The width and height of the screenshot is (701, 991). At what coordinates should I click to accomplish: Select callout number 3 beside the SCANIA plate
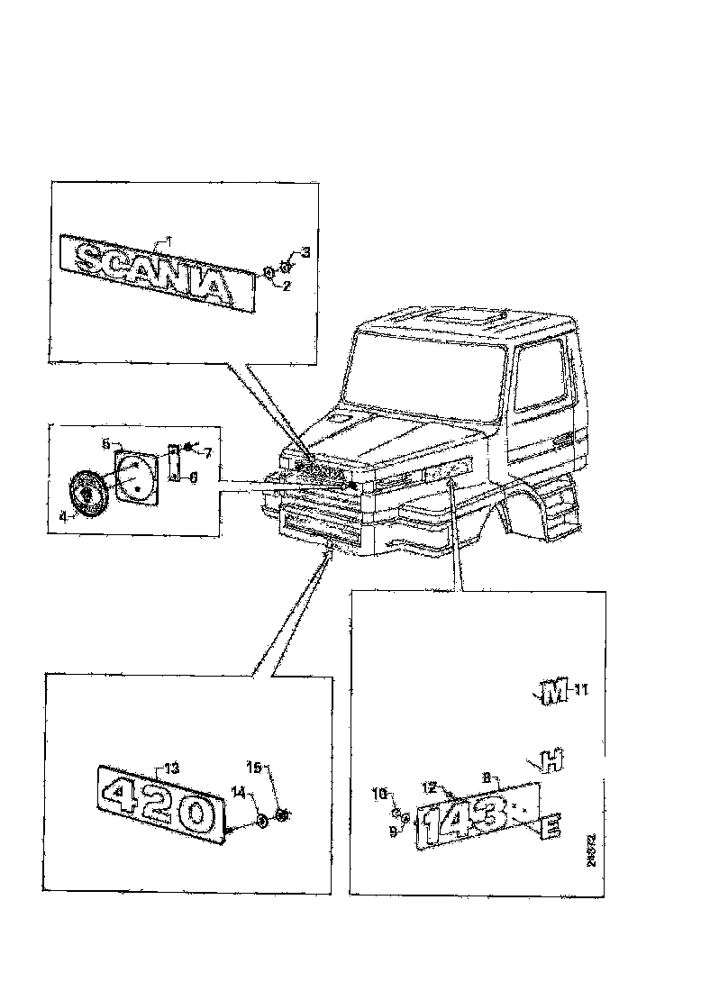click(x=305, y=252)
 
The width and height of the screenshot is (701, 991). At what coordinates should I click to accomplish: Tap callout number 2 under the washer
click(x=287, y=286)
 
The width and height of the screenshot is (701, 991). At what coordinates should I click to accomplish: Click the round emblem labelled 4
click(x=88, y=494)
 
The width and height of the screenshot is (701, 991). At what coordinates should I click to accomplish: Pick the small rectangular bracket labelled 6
click(x=175, y=460)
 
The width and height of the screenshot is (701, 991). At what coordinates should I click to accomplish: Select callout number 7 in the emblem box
click(x=206, y=451)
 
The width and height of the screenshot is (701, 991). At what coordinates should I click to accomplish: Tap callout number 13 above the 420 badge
click(x=171, y=768)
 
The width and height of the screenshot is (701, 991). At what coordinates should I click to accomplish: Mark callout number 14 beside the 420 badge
click(x=239, y=792)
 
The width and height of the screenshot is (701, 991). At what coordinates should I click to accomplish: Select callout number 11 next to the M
click(x=581, y=691)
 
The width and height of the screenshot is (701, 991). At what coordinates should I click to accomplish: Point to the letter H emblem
click(x=550, y=761)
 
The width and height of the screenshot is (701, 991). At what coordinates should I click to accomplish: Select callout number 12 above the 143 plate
click(x=431, y=786)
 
